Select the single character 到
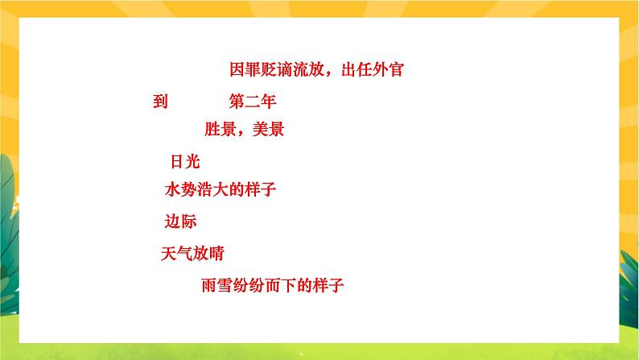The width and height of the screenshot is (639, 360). [x=159, y=102]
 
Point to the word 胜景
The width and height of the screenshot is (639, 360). [x=220, y=129]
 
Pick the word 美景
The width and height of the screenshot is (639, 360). [x=268, y=129]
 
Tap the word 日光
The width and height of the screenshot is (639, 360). [x=184, y=161]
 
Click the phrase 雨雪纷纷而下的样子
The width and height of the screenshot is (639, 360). [x=274, y=284]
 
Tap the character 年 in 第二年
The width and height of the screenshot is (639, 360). [x=269, y=102]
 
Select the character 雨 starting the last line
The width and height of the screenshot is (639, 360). [x=209, y=284]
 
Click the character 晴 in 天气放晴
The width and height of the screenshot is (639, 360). [x=216, y=253]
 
